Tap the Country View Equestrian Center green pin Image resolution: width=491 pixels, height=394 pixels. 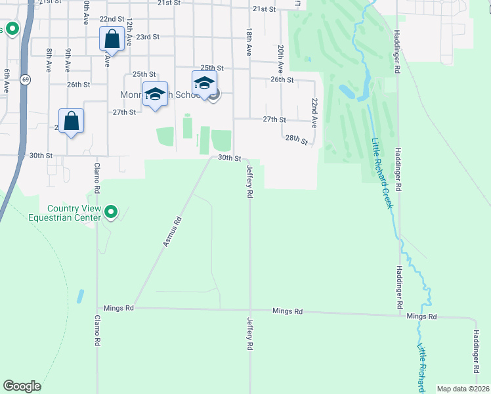[x=112, y=212]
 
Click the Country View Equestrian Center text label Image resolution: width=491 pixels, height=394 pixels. [x=72, y=213]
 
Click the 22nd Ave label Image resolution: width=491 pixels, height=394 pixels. [x=314, y=113]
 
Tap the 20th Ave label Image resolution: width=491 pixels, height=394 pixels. [x=280, y=58]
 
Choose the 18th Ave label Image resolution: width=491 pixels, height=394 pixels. [x=249, y=41]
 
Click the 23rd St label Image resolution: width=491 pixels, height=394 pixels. [x=148, y=37]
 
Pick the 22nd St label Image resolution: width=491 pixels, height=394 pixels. [x=112, y=19]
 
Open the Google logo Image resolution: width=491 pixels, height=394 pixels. [x=22, y=386]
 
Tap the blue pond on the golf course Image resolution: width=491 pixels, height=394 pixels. [x=347, y=92]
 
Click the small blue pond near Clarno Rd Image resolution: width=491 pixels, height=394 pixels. [x=80, y=296]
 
